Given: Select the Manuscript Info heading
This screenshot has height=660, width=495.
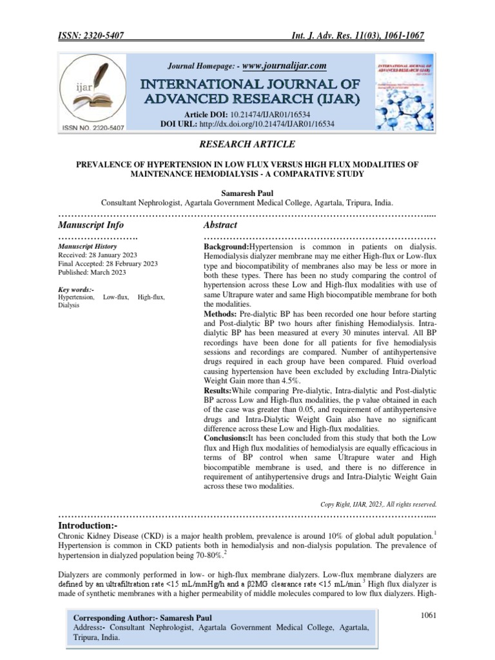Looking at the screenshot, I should point(91,226).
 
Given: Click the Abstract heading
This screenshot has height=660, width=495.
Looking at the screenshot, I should point(220,226).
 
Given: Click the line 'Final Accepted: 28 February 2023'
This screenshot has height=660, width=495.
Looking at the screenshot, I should point(106,264).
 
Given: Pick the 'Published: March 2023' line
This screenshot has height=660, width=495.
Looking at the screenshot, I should point(92,273).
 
